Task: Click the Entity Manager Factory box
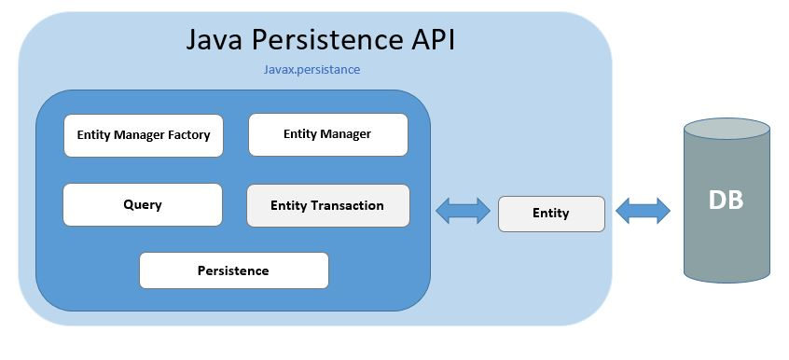pos(143,135)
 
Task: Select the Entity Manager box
pos(327,134)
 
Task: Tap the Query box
pos(143,204)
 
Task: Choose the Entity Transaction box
pos(327,205)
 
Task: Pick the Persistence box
pos(233,270)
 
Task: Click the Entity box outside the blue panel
pos(550,214)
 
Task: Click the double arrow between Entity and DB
pos(644,211)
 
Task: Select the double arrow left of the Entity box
pos(463,211)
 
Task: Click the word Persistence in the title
pos(324,40)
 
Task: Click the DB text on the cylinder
pos(726,201)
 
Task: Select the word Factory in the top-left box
pos(187,135)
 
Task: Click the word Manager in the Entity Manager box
pos(346,134)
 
